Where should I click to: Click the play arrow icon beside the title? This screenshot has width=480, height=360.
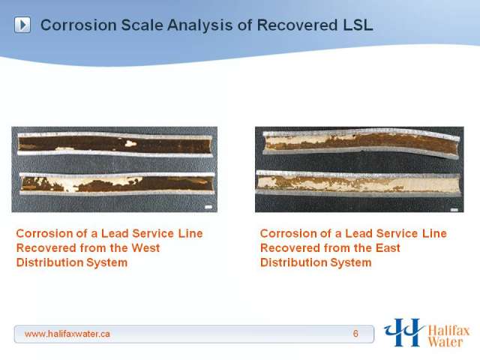pos(22,25)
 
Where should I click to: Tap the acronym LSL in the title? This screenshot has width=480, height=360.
pos(358,25)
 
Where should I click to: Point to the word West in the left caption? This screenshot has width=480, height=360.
pos(145,248)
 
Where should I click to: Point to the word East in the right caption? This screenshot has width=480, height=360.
pos(388,248)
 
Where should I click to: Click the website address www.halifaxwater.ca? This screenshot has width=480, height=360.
pos(67,334)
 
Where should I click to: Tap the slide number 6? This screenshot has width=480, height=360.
pos(355,334)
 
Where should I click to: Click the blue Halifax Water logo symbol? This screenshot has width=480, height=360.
pos(404,332)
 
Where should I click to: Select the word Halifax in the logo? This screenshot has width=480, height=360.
pos(448,331)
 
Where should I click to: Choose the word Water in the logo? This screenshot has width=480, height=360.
pos(445,342)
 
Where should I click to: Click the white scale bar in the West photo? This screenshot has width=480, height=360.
pos(208,207)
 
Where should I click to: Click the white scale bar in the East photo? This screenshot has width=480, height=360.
pos(454,210)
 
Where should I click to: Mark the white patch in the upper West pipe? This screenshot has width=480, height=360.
pos(130,142)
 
